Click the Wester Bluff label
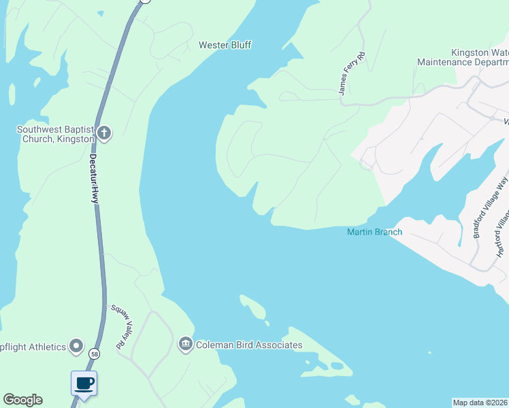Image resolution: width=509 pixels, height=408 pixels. tap(225, 46)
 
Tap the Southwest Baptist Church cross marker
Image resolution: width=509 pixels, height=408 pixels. tap(103, 133)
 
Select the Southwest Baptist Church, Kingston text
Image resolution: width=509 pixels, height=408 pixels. tap(54, 133)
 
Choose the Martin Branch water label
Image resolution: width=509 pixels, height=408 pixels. tap(374, 232)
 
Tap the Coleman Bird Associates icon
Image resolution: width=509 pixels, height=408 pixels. tap(185, 345)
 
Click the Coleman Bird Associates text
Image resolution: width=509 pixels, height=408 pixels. tap(248, 345)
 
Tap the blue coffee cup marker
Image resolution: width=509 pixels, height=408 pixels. tap(84, 384)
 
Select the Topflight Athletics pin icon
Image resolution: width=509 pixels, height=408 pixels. tap(76, 347)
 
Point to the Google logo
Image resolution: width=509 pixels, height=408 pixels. tap(22, 400)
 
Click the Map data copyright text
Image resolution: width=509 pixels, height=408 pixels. tap(480, 402)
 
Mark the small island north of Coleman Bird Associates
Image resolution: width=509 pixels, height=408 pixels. tap(253, 307)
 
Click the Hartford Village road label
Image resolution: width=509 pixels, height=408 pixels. tap(502, 232)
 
